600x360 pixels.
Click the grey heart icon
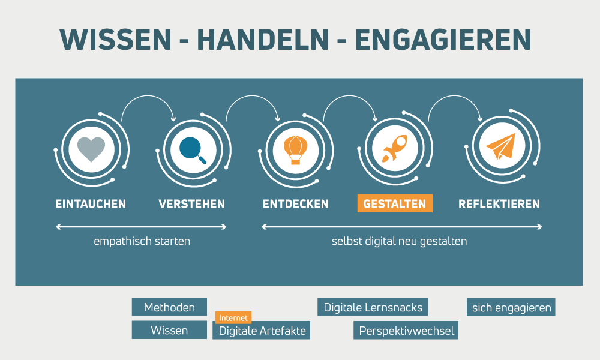click(91, 149)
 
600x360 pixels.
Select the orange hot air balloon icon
click(295, 150)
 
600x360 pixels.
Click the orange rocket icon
click(395, 148)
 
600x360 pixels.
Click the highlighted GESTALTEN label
click(395, 203)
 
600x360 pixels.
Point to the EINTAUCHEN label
click(91, 204)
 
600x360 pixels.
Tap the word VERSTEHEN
click(192, 204)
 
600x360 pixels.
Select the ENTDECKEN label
click(295, 204)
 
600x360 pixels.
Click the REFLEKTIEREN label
click(499, 204)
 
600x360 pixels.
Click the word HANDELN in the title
click(263, 39)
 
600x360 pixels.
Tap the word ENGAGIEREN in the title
click(443, 39)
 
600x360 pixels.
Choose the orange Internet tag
click(233, 317)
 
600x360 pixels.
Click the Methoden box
click(170, 307)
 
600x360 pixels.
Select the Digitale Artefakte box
click(262, 330)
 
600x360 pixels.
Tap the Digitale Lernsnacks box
click(373, 307)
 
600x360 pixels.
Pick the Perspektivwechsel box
click(406, 330)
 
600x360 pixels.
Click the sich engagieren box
click(511, 307)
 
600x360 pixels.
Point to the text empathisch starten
click(142, 241)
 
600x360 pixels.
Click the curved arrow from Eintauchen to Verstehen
click(148, 96)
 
